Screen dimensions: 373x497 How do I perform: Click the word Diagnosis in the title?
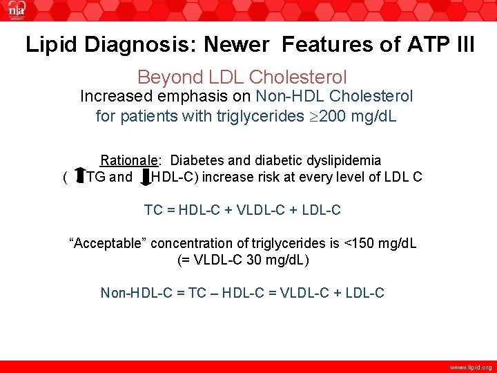(x=137, y=45)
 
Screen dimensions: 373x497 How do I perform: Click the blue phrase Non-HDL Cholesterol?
(x=334, y=97)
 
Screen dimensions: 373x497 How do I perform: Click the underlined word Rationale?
(x=130, y=160)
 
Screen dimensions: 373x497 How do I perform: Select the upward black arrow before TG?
(x=79, y=177)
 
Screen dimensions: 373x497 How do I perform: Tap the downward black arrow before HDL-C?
(x=145, y=177)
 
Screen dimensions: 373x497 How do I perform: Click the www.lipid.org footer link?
(x=470, y=367)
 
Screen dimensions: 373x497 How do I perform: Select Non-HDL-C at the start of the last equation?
(x=136, y=293)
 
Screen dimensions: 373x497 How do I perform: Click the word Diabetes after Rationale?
(x=197, y=160)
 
